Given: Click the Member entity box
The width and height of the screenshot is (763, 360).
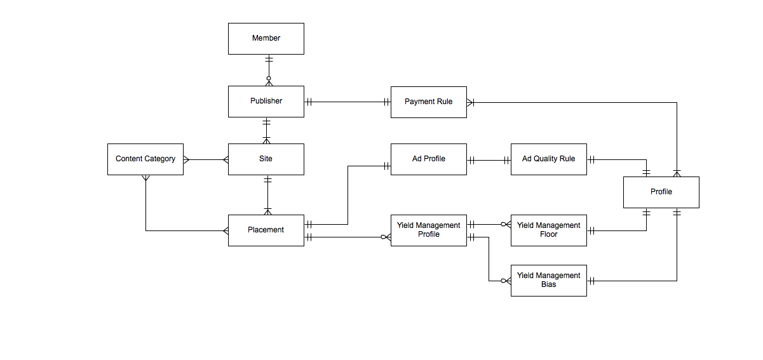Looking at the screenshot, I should click(x=266, y=39).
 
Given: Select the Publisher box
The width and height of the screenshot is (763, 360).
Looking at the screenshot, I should click(x=266, y=102).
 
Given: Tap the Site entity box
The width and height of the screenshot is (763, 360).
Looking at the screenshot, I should click(x=266, y=159).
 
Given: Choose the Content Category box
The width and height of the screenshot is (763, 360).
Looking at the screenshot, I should click(x=145, y=159).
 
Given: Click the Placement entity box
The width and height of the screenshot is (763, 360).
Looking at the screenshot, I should click(x=266, y=230).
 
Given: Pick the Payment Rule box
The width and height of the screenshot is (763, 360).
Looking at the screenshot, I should click(x=428, y=102).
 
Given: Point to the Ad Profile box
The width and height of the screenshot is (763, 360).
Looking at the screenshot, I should click(x=428, y=159).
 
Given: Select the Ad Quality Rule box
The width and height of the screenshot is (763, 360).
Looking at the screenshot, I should click(x=548, y=159).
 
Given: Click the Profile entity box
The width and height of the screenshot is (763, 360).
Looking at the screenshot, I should click(x=661, y=192).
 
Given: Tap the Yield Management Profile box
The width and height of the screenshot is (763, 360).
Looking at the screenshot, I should click(x=428, y=230).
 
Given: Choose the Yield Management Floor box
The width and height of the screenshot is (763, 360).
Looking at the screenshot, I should click(x=548, y=230).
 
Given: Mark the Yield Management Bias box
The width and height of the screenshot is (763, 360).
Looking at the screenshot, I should click(x=548, y=280).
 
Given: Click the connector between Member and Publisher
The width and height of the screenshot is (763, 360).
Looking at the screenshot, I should click(x=268, y=70).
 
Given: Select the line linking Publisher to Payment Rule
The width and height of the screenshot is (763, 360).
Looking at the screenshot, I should click(x=347, y=102).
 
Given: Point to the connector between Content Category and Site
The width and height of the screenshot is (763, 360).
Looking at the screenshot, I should click(x=206, y=159).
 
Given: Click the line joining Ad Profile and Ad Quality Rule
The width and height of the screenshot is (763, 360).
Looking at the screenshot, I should click(x=489, y=161).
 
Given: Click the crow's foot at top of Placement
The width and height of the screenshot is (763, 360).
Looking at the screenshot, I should click(x=268, y=211).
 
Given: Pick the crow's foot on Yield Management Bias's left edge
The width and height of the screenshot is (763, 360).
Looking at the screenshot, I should click(x=506, y=281).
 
